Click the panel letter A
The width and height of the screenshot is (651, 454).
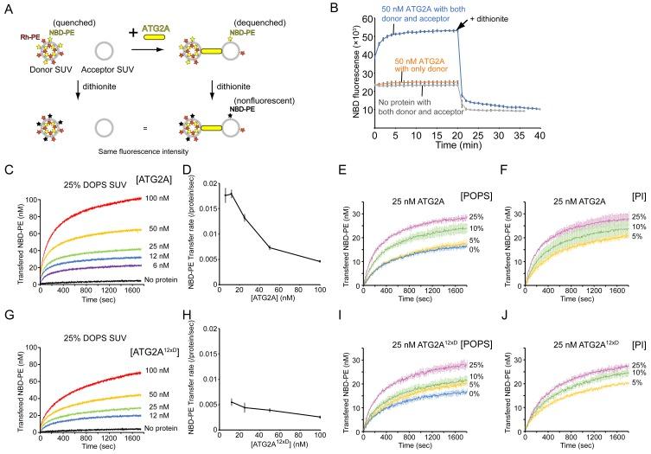pos(8,9)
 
